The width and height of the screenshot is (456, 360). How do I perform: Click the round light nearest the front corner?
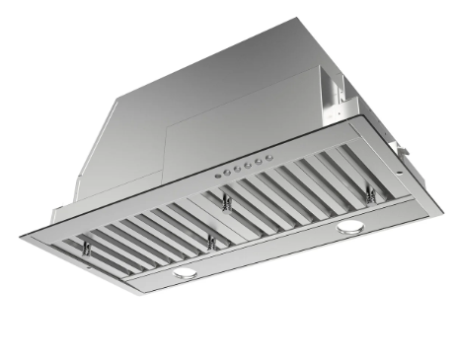pos(185,273)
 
